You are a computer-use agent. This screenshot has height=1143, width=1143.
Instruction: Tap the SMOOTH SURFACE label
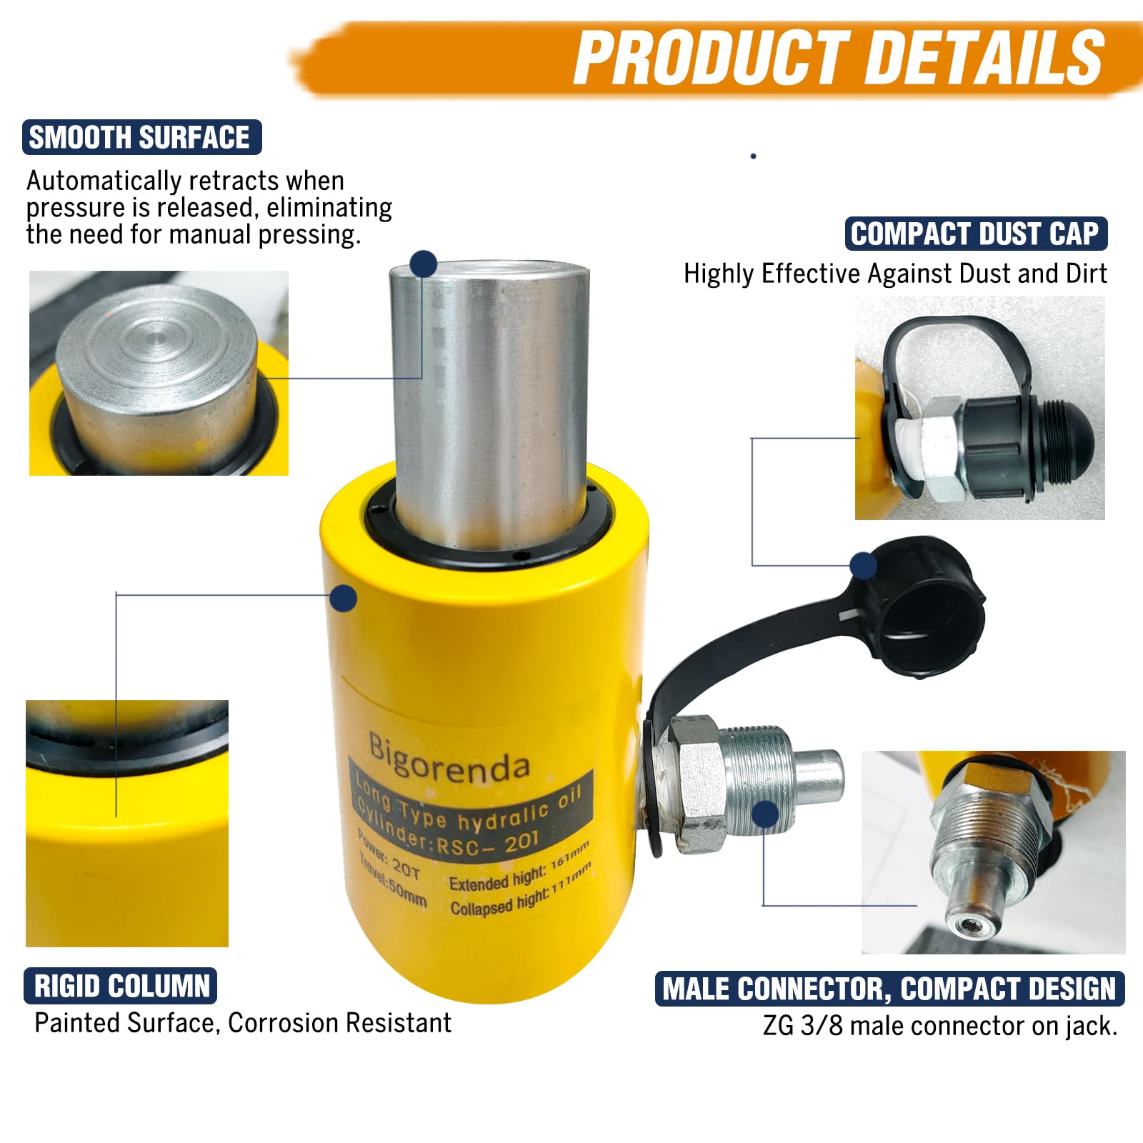[x=141, y=137]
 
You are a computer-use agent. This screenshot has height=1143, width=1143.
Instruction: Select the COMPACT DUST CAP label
[x=976, y=234]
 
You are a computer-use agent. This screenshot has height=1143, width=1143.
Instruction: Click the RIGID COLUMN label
[x=121, y=986]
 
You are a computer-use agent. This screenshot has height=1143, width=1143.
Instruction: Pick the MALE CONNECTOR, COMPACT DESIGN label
[x=889, y=989]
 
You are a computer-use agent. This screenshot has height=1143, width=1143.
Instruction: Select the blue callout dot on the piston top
[x=424, y=264]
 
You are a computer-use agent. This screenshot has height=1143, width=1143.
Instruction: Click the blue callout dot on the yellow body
[x=344, y=597]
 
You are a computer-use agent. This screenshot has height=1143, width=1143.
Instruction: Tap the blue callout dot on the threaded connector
[x=765, y=814]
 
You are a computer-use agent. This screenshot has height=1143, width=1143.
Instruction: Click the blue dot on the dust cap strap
[x=864, y=565]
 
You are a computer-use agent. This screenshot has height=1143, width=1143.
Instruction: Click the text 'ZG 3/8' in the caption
[x=803, y=1026]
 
